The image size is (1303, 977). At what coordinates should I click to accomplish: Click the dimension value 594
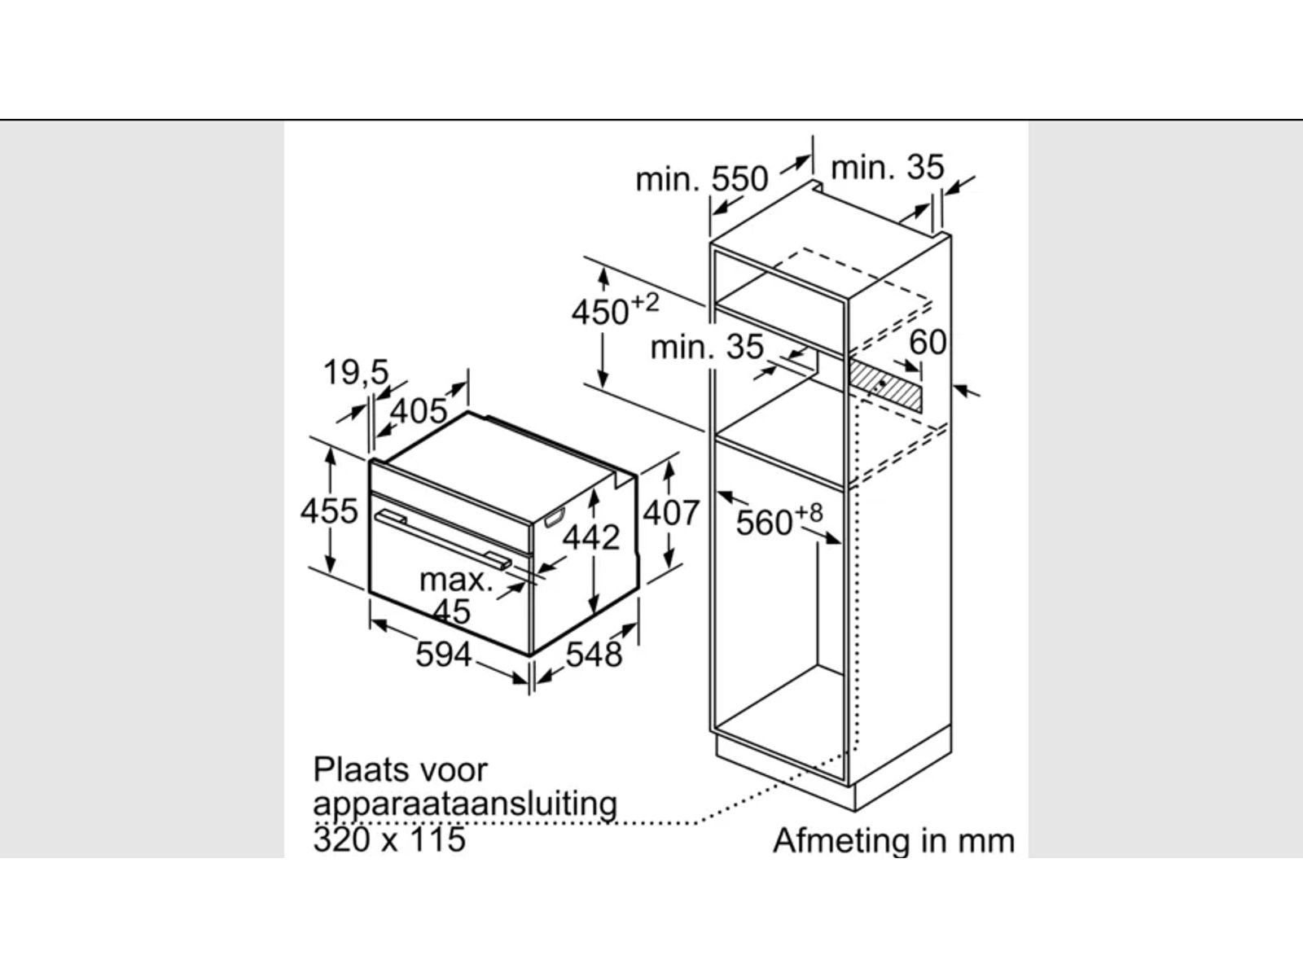[443, 654]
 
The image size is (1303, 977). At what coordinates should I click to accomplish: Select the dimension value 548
[594, 654]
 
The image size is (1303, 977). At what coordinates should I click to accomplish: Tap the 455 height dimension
[329, 511]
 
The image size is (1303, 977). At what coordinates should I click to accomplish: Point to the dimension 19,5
[356, 372]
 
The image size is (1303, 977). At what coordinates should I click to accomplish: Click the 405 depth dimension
[419, 411]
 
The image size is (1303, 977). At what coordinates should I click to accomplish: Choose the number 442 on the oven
[592, 537]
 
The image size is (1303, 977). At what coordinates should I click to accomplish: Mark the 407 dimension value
[671, 513]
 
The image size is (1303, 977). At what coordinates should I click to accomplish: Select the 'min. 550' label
[701, 178]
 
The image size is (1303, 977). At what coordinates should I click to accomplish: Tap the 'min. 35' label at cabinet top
[887, 168]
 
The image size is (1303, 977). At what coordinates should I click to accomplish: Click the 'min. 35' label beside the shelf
[706, 348]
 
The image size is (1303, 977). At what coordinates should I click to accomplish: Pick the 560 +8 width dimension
[779, 520]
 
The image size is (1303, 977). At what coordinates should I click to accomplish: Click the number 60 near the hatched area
[928, 343]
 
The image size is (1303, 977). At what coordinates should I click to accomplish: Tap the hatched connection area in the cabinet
[885, 386]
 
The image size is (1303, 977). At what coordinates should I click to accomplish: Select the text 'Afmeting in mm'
[893, 840]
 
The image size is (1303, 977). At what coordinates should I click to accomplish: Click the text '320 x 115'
[389, 839]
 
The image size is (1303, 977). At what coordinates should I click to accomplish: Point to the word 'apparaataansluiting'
[465, 804]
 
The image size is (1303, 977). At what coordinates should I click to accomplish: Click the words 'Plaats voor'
[400, 769]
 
